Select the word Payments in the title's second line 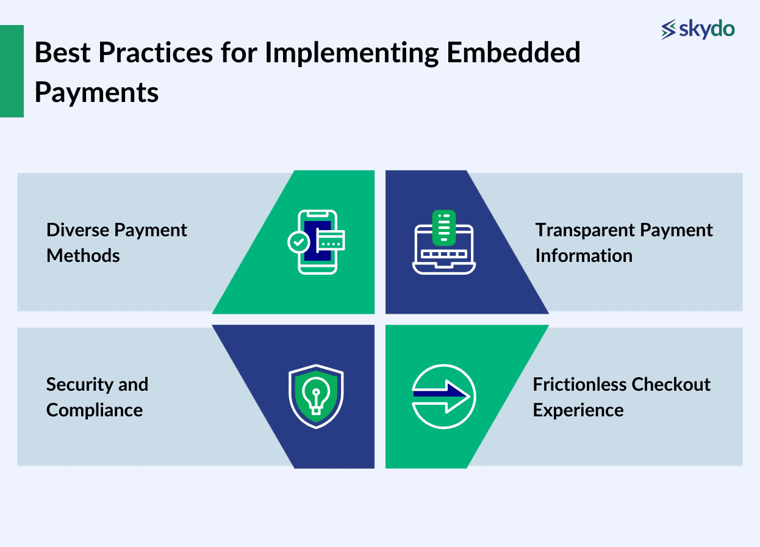96,92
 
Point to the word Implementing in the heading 351,53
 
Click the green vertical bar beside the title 12,71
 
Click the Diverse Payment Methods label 117,242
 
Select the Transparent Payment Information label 623,242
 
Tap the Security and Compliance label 97,397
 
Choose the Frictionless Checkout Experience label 621,397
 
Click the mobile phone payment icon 317,242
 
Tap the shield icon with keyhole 316,396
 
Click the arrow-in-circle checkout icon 443,396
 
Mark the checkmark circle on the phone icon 298,242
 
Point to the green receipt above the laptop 443,226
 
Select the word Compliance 95,410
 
